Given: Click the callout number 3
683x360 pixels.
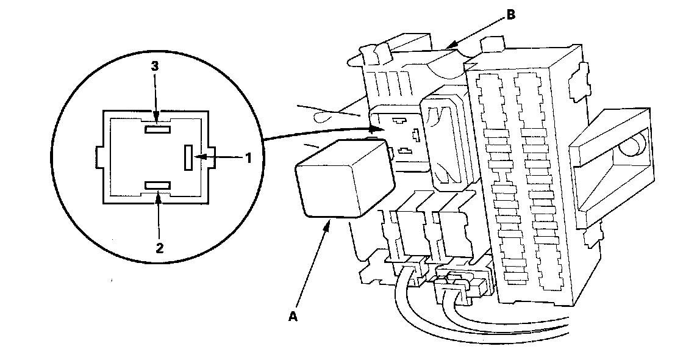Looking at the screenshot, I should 155,66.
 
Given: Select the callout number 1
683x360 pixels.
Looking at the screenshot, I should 248,158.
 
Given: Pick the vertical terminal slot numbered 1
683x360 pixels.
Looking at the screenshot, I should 188,158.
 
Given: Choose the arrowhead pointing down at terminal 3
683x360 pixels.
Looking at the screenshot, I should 157,119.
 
